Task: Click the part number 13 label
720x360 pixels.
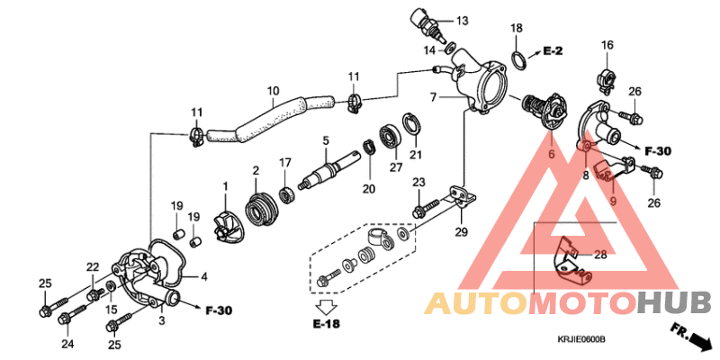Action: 462,20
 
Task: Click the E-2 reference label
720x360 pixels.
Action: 553,50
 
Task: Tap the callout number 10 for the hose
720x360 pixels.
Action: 274,91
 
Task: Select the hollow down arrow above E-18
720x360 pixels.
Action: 327,304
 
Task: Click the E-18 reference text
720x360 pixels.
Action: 327,324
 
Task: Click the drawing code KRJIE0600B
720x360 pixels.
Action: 581,340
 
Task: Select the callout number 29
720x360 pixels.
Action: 461,232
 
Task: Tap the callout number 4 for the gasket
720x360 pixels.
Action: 203,277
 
